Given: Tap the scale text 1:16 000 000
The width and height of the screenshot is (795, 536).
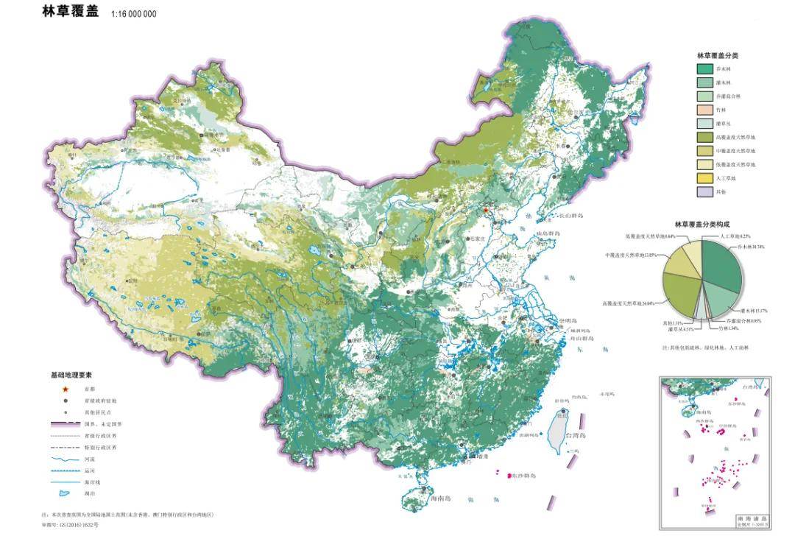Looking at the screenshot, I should [x=133, y=14].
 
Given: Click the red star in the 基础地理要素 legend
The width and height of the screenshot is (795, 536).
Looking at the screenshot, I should [x=66, y=389].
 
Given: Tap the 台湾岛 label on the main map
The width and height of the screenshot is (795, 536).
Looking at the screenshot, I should [x=577, y=436].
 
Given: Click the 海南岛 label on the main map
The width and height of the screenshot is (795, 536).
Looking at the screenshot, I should [x=442, y=498].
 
